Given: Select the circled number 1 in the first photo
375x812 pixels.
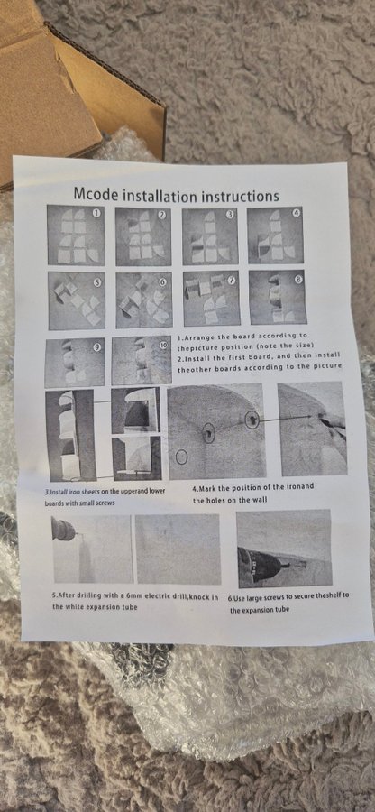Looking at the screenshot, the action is click(x=96, y=212).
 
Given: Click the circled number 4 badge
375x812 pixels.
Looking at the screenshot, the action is click(x=296, y=213).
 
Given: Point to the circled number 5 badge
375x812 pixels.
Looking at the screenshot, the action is click(x=97, y=282).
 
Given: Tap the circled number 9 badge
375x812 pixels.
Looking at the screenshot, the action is click(x=96, y=347).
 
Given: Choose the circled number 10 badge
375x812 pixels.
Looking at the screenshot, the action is click(x=163, y=346).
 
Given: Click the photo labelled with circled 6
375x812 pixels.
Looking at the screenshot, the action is click(x=144, y=300).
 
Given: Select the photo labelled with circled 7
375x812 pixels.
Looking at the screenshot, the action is click(x=212, y=299).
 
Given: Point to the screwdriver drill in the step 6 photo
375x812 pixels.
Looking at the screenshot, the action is click(x=267, y=566).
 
